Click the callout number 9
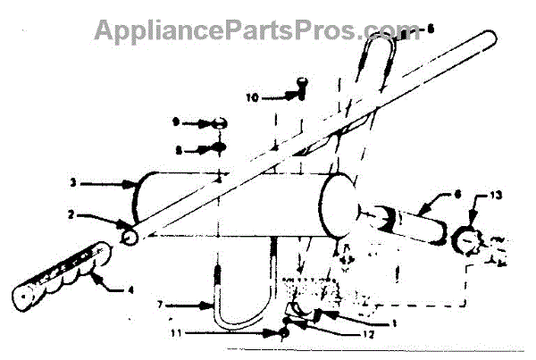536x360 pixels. click(x=177, y=121)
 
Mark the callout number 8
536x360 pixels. click(x=178, y=150)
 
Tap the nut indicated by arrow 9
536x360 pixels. click(x=218, y=122)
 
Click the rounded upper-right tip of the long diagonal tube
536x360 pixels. click(x=490, y=38)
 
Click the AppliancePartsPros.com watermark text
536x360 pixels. click(x=260, y=29)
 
